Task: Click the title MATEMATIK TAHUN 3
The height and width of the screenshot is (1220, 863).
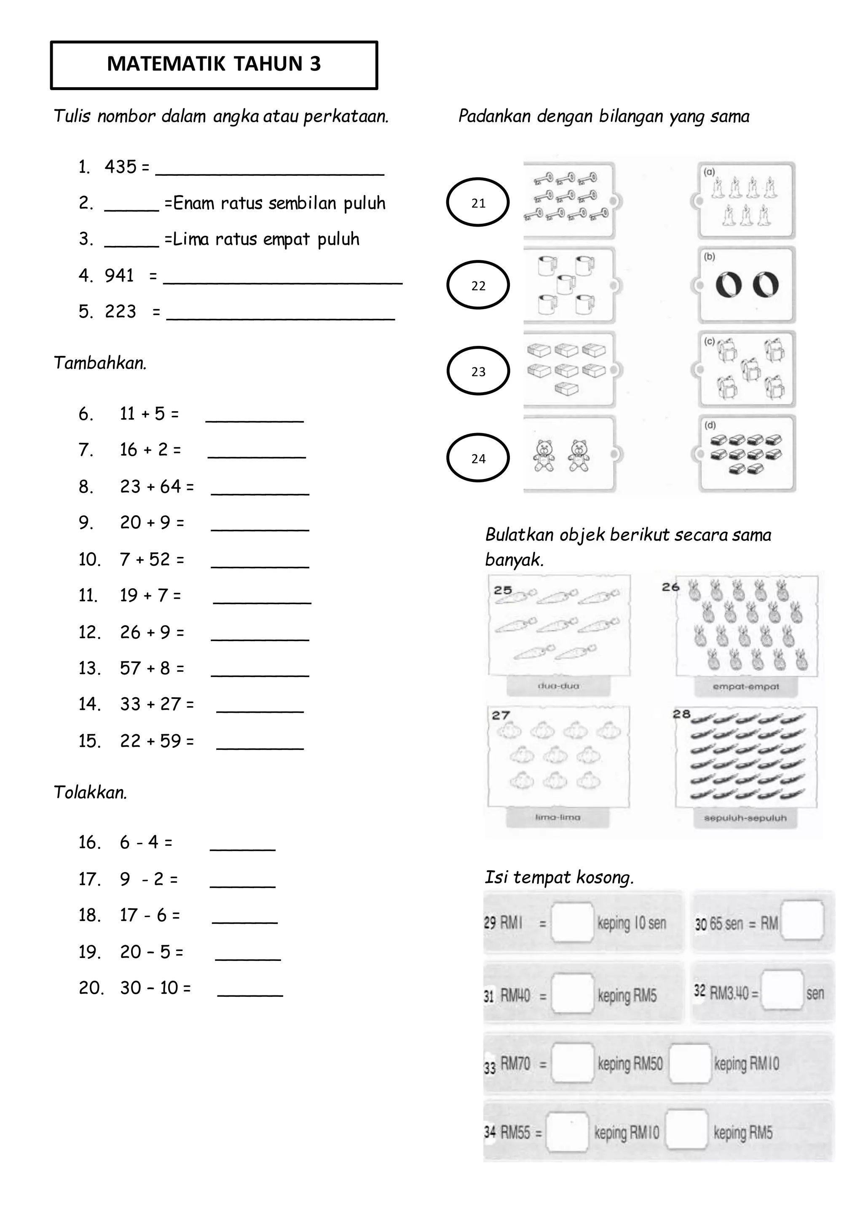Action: pos(214,64)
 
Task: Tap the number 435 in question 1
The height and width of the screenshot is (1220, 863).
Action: pos(121,167)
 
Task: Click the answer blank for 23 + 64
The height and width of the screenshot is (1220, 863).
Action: pos(260,488)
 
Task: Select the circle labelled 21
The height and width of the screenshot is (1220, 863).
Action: pos(478,203)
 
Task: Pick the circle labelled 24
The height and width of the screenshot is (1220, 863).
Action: pos(478,458)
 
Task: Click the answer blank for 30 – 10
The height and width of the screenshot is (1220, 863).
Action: pos(250,990)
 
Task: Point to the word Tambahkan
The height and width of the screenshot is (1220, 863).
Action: pos(100,364)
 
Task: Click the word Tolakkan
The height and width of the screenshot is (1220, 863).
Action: pos(90,793)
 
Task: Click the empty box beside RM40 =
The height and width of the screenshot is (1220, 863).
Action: pos(572,994)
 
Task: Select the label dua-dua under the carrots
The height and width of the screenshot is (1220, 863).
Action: pos(558,686)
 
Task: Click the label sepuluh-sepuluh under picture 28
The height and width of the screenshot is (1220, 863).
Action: pos(745,818)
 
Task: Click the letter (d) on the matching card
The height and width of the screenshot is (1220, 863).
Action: pos(710,425)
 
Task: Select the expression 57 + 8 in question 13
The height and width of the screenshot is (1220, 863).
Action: pos(152,669)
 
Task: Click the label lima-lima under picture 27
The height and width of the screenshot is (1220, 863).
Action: pos(557,817)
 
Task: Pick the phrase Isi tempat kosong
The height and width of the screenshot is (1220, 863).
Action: pos(559,877)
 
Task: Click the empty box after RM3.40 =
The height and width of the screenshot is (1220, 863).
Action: pos(782,992)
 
